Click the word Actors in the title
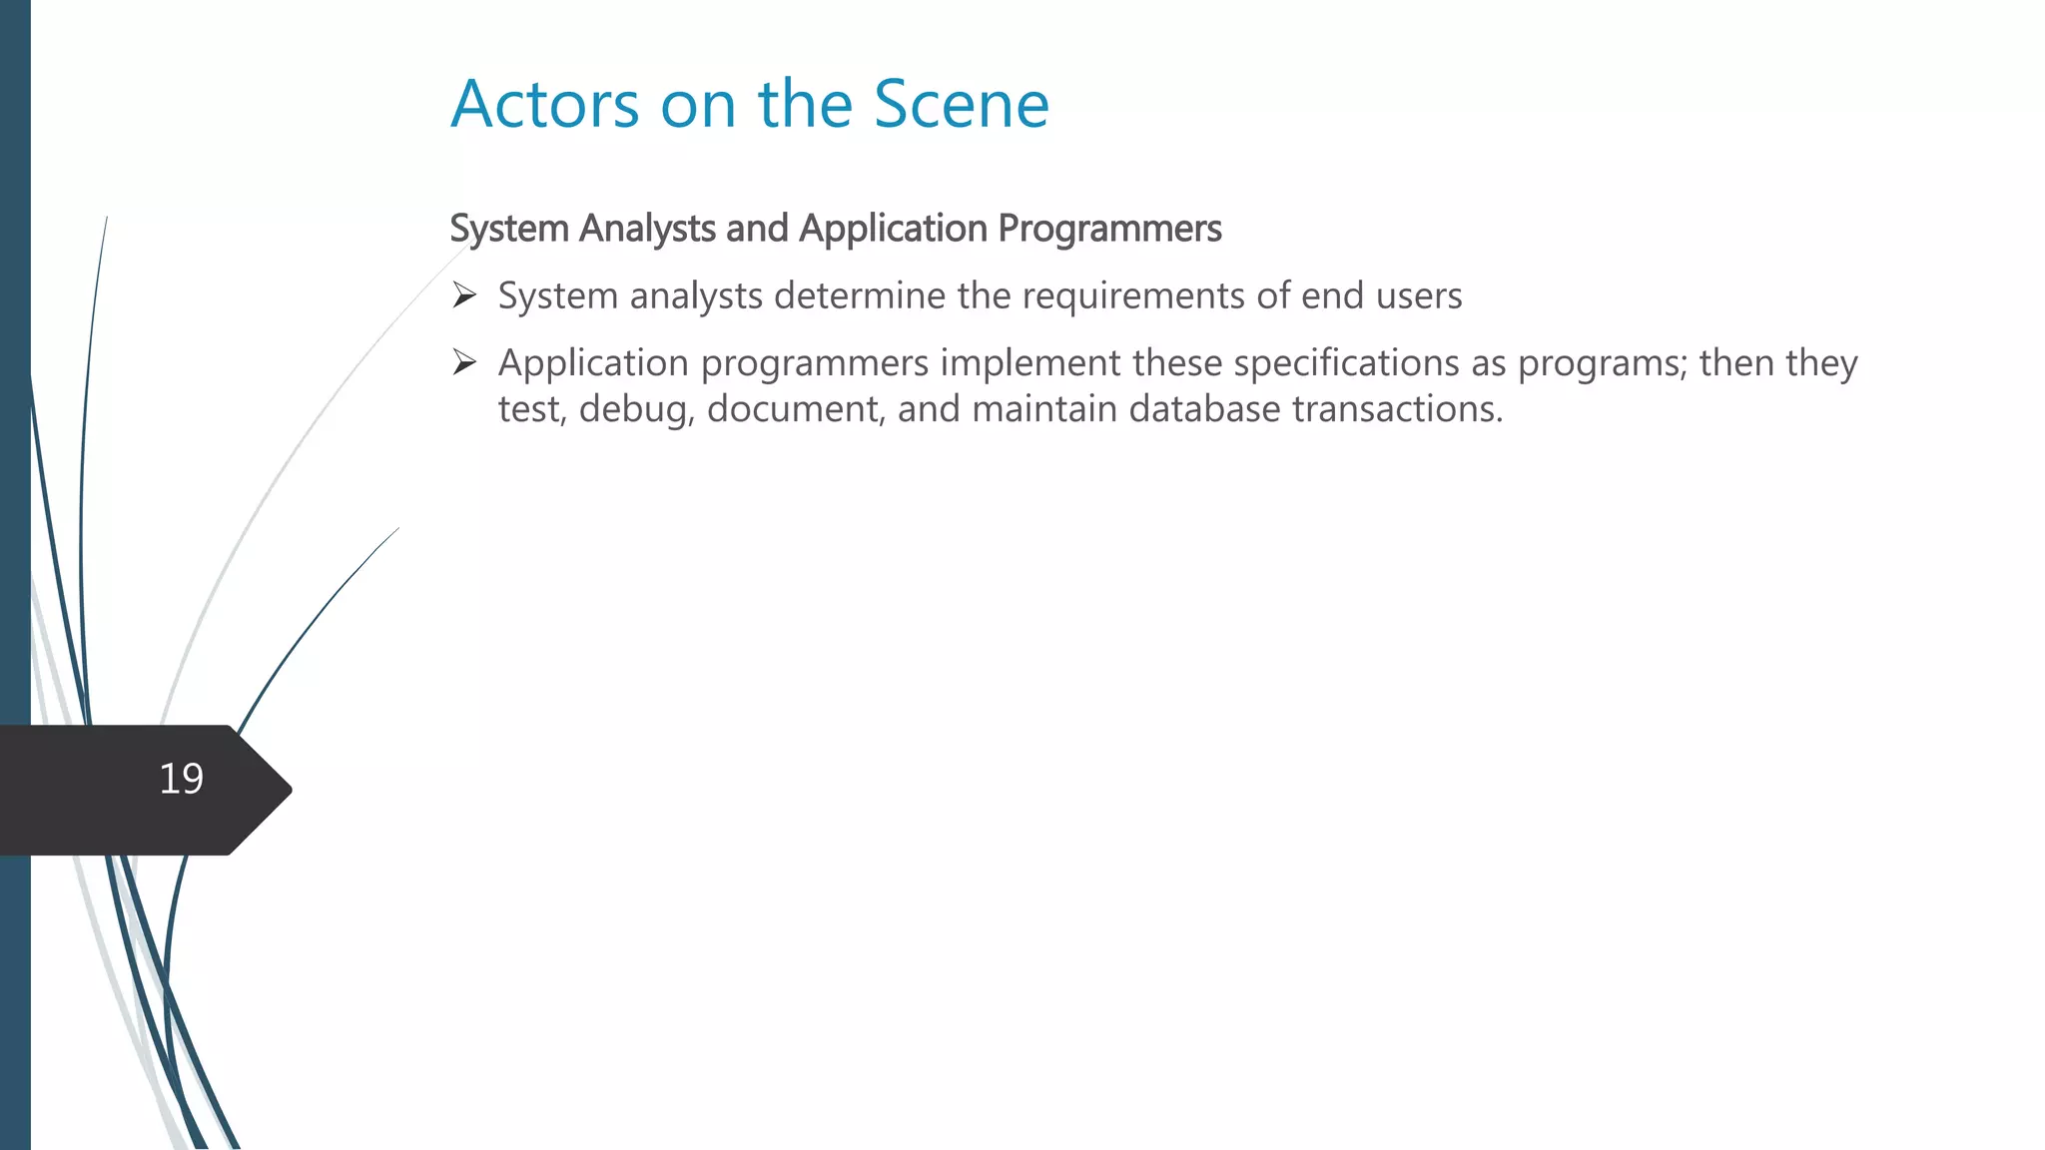coord(544,104)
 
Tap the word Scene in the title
coord(961,104)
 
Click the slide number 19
coord(181,779)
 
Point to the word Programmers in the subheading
coord(1109,229)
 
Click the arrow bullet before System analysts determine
coord(464,295)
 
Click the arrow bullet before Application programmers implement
coord(464,362)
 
